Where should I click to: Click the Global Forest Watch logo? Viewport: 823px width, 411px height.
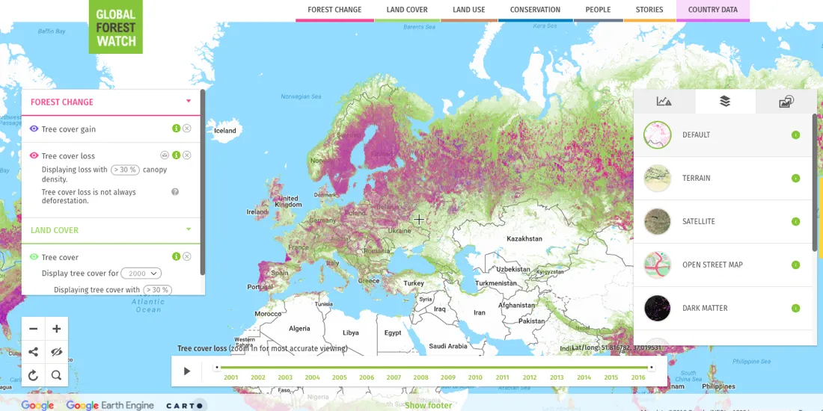coord(115,27)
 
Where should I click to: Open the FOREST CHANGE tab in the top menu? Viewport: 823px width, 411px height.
coord(334,10)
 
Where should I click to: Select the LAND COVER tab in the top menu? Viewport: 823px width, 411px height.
coord(407,10)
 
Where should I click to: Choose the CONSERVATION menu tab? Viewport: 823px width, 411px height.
coord(535,10)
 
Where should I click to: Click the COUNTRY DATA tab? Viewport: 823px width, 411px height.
coord(712,10)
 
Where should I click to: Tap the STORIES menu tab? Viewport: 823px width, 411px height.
coord(649,10)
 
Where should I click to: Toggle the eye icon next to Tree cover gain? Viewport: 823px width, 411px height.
coord(34,129)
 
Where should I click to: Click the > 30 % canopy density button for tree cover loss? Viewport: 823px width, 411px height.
coord(125,170)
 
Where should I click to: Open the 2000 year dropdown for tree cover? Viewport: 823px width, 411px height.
coord(141,274)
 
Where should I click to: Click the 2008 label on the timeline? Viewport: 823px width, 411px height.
coord(420,377)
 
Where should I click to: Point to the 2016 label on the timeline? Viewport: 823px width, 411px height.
coord(638,377)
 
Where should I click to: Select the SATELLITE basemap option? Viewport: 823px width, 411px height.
coord(698,222)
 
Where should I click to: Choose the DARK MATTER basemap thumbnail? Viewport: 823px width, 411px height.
coord(658,308)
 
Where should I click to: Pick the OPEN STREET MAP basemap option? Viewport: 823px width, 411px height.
coord(712,265)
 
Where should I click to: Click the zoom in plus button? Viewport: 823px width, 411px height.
coord(57,329)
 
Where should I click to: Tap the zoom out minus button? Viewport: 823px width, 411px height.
coord(34,329)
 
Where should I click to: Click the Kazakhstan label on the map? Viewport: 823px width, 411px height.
coord(524,239)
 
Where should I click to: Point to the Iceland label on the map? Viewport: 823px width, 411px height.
coord(225,131)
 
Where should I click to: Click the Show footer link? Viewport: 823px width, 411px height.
coord(428,405)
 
